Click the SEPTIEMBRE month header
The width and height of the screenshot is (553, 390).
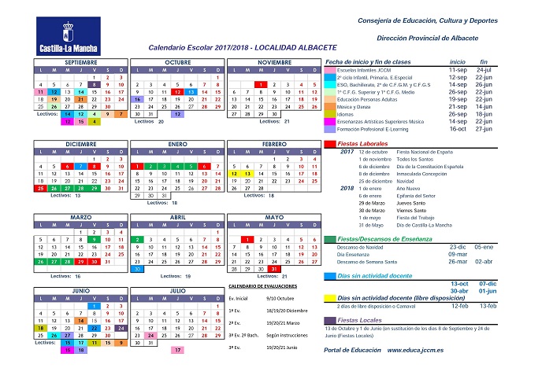click(81, 62)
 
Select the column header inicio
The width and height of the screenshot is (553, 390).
click(458, 61)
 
